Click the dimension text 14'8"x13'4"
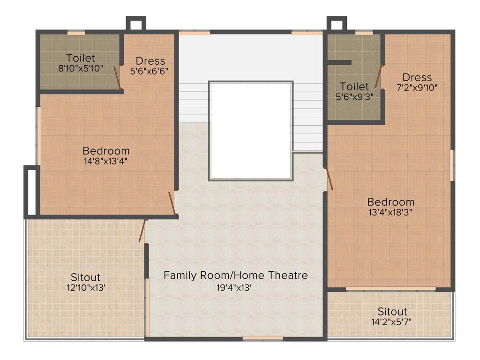point(106,161)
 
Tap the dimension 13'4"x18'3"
point(390,211)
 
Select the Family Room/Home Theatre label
point(236,275)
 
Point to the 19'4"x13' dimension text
point(236,287)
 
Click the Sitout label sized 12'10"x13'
point(85,277)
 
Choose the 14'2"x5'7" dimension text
point(392,322)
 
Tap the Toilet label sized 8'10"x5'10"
point(81,58)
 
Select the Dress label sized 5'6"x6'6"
point(150,61)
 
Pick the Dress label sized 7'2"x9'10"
point(417,77)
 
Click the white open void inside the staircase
point(251,130)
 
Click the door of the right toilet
point(379,77)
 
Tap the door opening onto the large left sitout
point(142,231)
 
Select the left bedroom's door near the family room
point(172,203)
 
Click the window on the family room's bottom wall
point(262,337)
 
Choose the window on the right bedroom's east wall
point(452,165)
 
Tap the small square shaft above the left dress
point(136,24)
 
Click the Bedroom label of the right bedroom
point(390,202)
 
